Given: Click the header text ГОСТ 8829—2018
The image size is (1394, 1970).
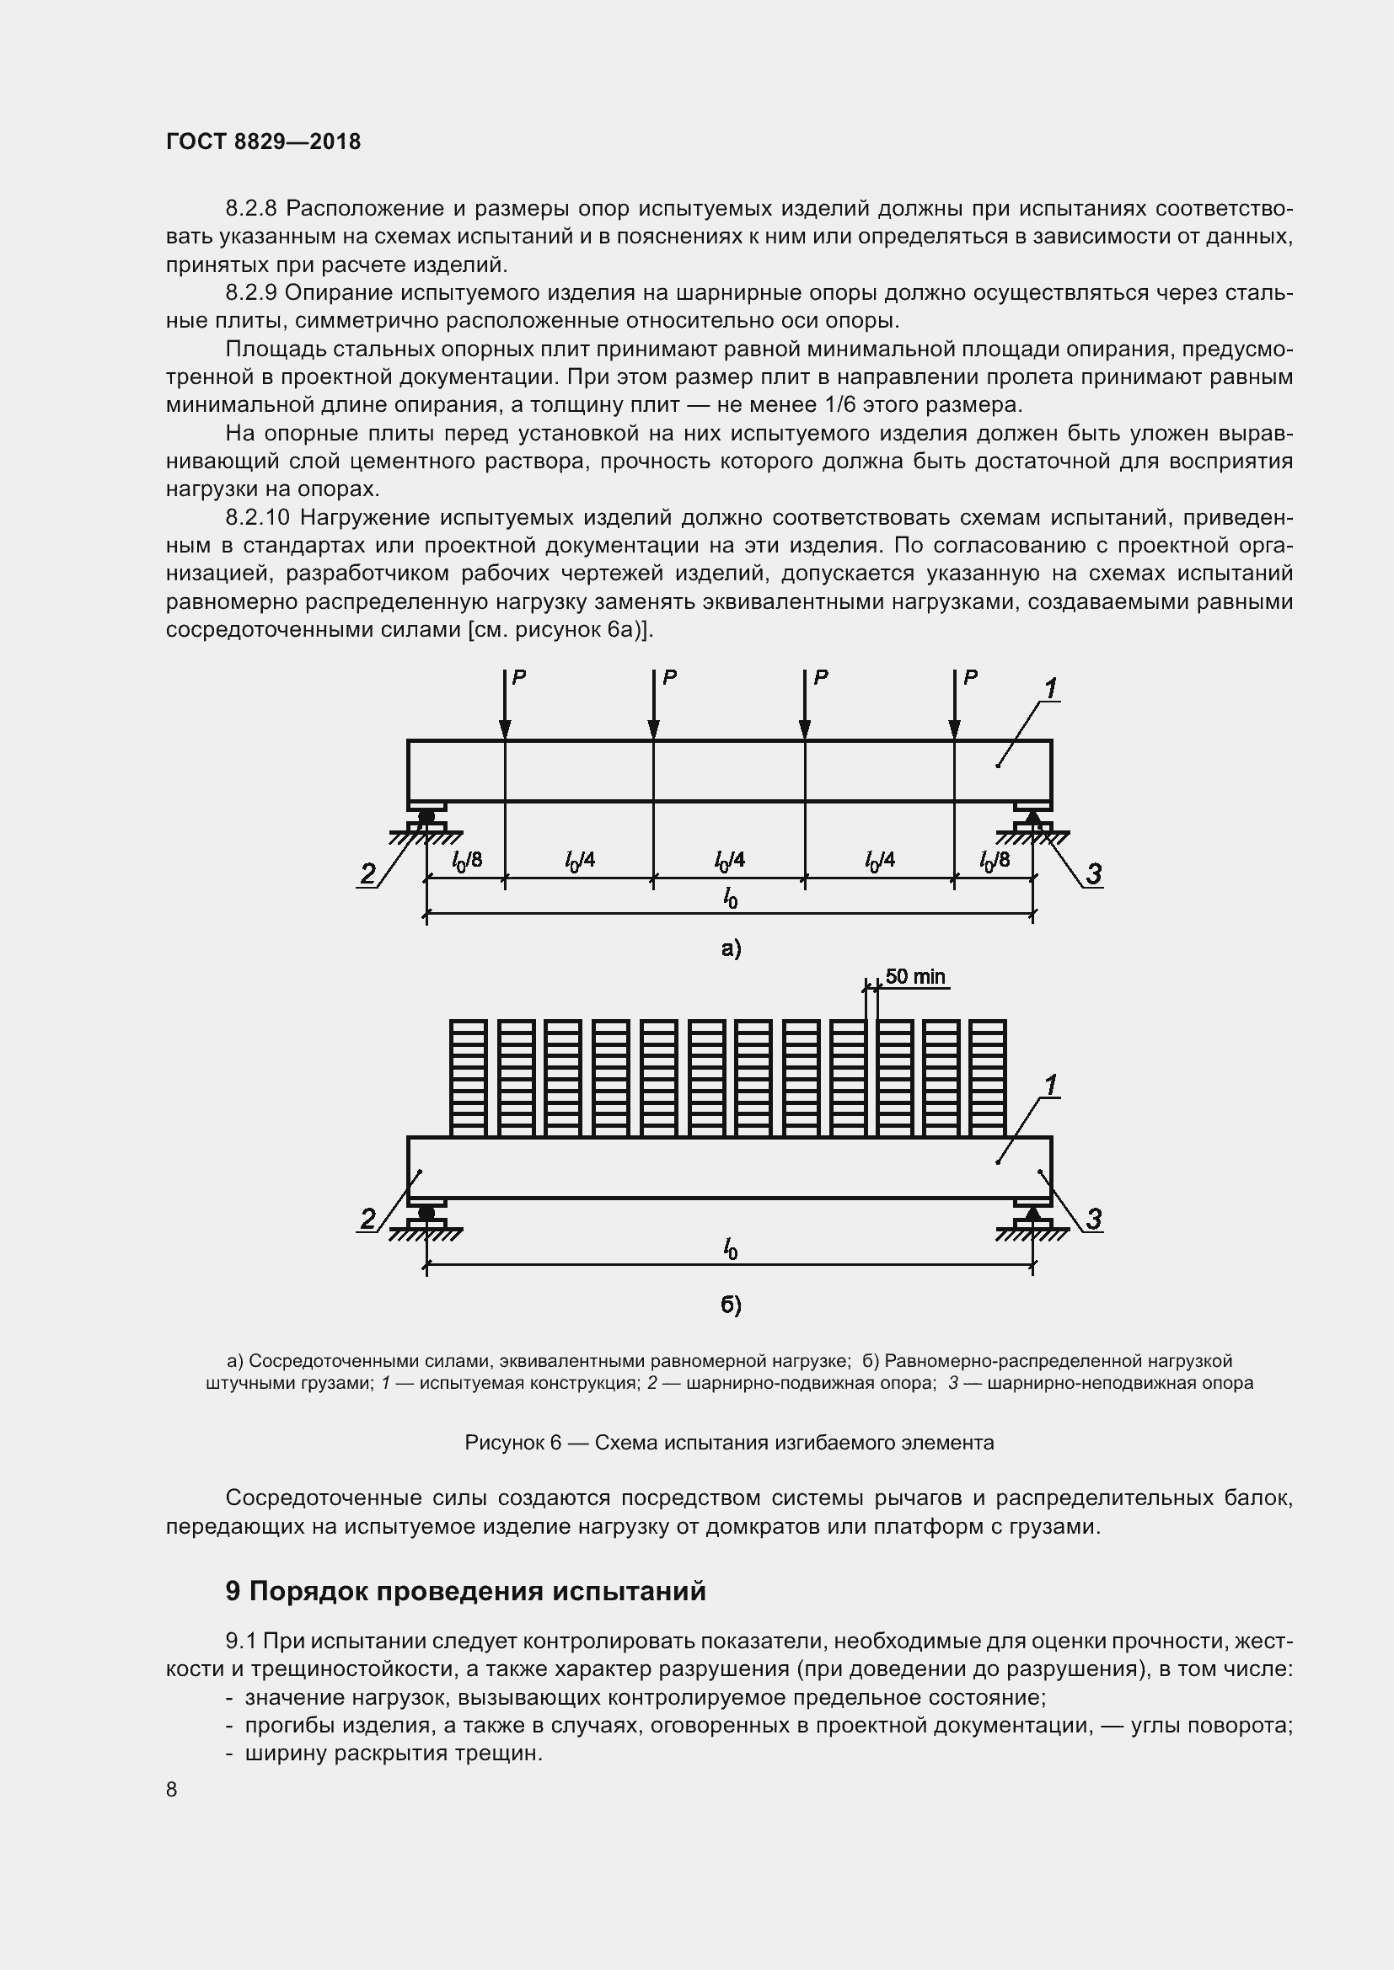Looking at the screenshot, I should (x=263, y=141).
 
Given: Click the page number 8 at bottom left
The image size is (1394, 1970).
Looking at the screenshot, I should (x=172, y=1790).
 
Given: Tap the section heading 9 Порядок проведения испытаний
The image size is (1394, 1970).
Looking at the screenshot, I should (x=465, y=1592).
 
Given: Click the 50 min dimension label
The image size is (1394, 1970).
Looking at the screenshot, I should (x=915, y=976).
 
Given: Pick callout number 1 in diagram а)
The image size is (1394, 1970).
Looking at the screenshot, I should (x=1050, y=689).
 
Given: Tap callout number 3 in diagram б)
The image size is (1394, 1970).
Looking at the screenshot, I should (x=1094, y=1220).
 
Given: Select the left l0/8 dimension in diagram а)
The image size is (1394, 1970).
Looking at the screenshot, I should (x=467, y=860).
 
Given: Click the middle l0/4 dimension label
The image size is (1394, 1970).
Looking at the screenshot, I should (x=730, y=860).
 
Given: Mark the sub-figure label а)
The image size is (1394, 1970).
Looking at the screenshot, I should (x=731, y=948).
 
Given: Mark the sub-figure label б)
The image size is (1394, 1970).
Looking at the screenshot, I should (x=731, y=1305).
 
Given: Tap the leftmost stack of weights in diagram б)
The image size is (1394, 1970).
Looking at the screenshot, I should (x=469, y=1078).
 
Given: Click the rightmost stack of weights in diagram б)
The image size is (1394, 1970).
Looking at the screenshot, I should (x=987, y=1078).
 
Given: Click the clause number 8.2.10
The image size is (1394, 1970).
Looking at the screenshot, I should (x=259, y=517).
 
